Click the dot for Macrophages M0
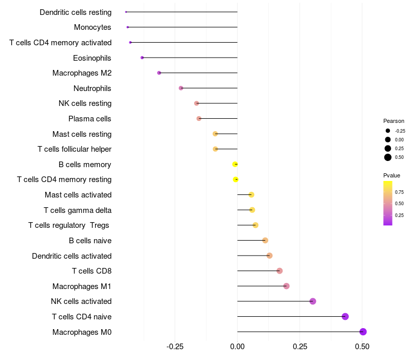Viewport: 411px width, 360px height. point(363,332)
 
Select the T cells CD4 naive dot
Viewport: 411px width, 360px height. point(345,316)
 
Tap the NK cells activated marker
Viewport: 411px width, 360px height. point(313,301)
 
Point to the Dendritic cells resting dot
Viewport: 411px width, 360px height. point(126,12)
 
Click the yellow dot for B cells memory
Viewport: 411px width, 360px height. point(235,165)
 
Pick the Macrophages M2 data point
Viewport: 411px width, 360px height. point(159,73)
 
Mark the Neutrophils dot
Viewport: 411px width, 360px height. point(181,88)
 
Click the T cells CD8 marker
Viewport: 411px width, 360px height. point(279,271)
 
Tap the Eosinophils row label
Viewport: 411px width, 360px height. point(92,58)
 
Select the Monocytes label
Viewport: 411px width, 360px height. point(92,27)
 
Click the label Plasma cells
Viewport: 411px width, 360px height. point(90,119)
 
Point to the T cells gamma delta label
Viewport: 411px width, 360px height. point(78,210)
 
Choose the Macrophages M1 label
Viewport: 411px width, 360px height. point(82,286)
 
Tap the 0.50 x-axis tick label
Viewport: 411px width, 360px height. point(362,347)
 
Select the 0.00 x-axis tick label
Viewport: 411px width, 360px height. point(237,347)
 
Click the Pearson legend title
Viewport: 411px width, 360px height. point(394,121)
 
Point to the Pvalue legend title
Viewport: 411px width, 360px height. point(391,175)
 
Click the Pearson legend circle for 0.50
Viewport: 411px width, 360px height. point(388,157)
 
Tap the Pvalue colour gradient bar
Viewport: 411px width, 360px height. point(388,203)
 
